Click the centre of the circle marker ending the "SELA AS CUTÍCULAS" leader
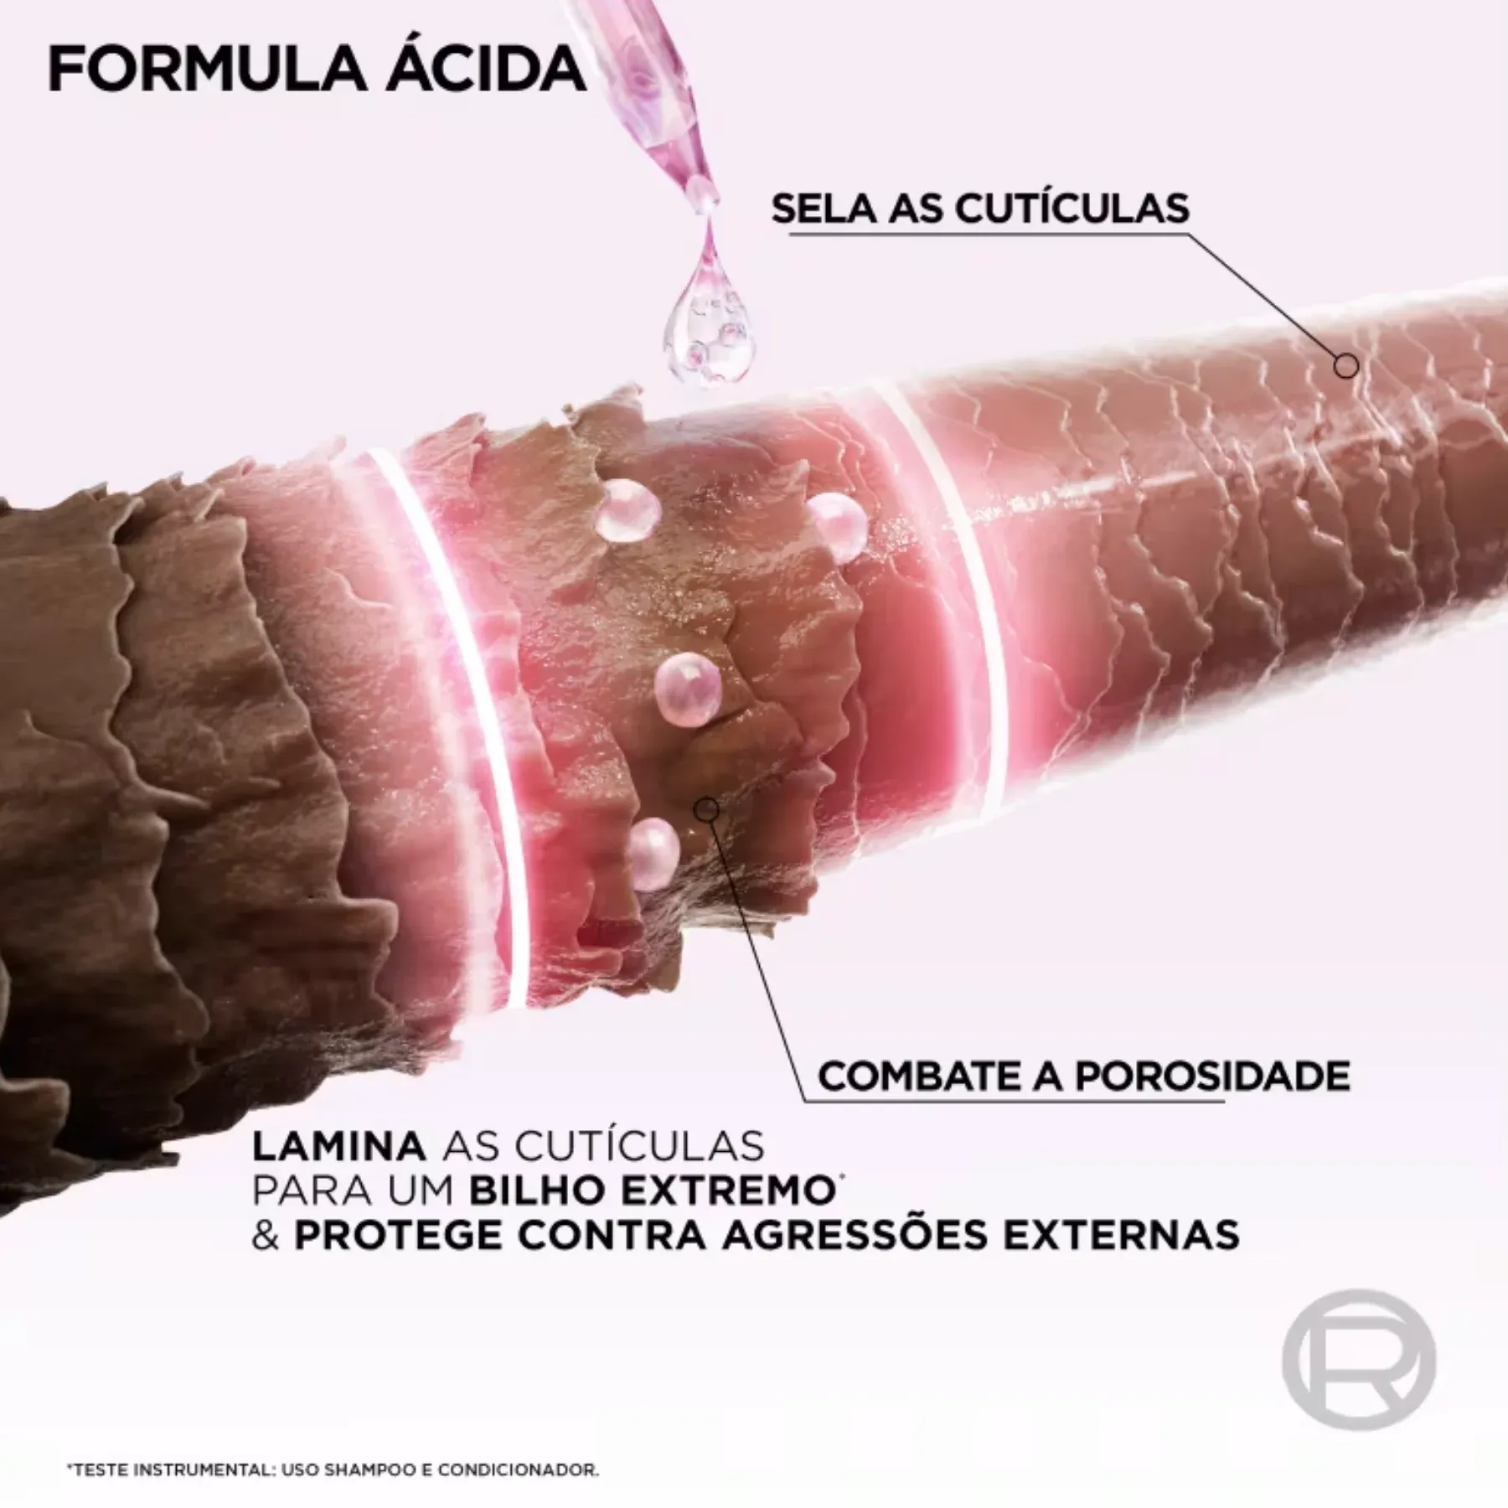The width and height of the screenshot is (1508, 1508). click(1346, 366)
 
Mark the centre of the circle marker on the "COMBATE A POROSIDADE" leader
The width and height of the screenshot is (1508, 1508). click(707, 808)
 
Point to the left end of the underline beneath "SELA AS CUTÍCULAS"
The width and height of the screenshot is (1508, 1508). click(789, 235)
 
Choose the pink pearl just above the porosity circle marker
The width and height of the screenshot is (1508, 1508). click(688, 688)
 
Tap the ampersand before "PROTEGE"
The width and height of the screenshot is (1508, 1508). click(266, 1235)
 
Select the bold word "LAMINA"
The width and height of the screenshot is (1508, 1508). click(338, 1146)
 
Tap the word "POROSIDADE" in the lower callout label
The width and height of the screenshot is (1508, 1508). click(1212, 1076)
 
